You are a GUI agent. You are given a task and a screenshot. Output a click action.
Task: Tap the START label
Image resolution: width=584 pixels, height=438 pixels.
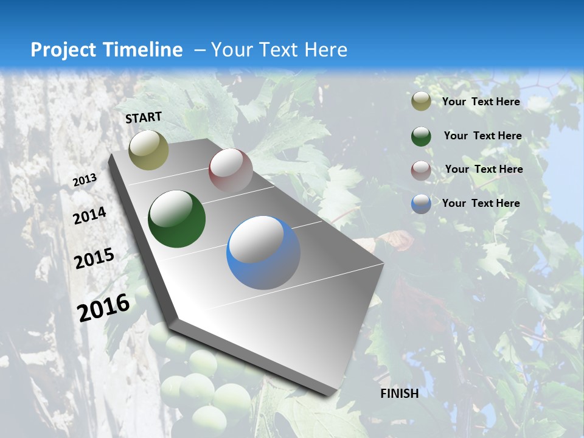[144, 117]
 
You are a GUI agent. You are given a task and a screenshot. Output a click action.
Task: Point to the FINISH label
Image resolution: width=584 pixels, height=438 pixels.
[400, 394]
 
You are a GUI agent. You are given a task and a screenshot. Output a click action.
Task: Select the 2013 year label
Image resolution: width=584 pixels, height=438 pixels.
[85, 180]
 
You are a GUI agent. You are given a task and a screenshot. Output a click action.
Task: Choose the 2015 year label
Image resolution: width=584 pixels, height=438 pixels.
[94, 259]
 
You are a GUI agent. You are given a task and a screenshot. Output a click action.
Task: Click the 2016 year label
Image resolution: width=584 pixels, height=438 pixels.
[104, 307]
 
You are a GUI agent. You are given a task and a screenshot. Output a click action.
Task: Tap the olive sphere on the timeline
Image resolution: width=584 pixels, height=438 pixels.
[149, 150]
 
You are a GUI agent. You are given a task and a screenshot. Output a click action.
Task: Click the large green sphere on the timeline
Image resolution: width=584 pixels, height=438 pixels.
[176, 219]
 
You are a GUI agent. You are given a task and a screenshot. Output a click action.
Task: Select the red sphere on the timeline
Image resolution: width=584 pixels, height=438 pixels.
[231, 170]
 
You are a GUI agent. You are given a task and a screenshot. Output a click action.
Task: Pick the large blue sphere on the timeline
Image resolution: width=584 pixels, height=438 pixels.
[263, 252]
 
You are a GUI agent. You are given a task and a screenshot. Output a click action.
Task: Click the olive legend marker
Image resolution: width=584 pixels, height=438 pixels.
[421, 102]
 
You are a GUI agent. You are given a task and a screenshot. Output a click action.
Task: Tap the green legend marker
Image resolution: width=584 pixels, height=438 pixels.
[421, 136]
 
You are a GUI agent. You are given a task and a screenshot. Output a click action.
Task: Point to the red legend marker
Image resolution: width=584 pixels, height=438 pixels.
[421, 170]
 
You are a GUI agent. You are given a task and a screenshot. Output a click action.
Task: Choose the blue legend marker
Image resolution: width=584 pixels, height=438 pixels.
[421, 204]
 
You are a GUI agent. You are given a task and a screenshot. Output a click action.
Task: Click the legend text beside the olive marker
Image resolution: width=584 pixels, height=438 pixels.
[481, 102]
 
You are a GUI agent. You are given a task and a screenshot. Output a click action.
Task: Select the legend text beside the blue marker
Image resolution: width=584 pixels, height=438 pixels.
[481, 203]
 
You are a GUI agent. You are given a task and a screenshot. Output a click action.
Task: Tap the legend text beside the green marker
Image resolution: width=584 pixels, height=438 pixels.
[483, 136]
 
